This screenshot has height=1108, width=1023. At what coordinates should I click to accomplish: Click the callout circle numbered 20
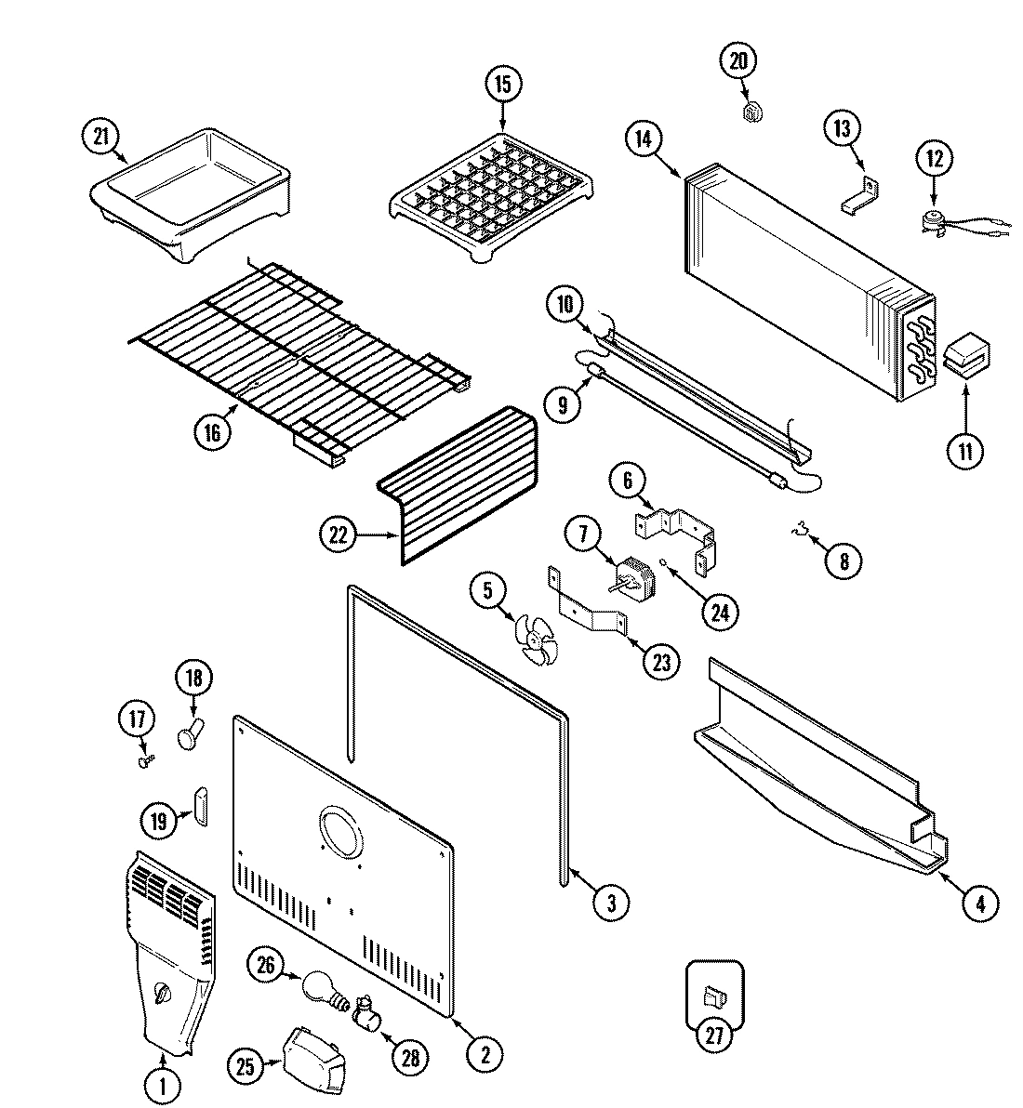pos(738,62)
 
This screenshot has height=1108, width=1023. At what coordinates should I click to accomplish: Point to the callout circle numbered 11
pos(964,452)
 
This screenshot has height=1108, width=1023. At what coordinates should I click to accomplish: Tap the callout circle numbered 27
pos(713,1036)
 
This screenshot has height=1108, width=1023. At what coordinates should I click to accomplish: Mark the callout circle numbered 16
pos(213,433)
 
